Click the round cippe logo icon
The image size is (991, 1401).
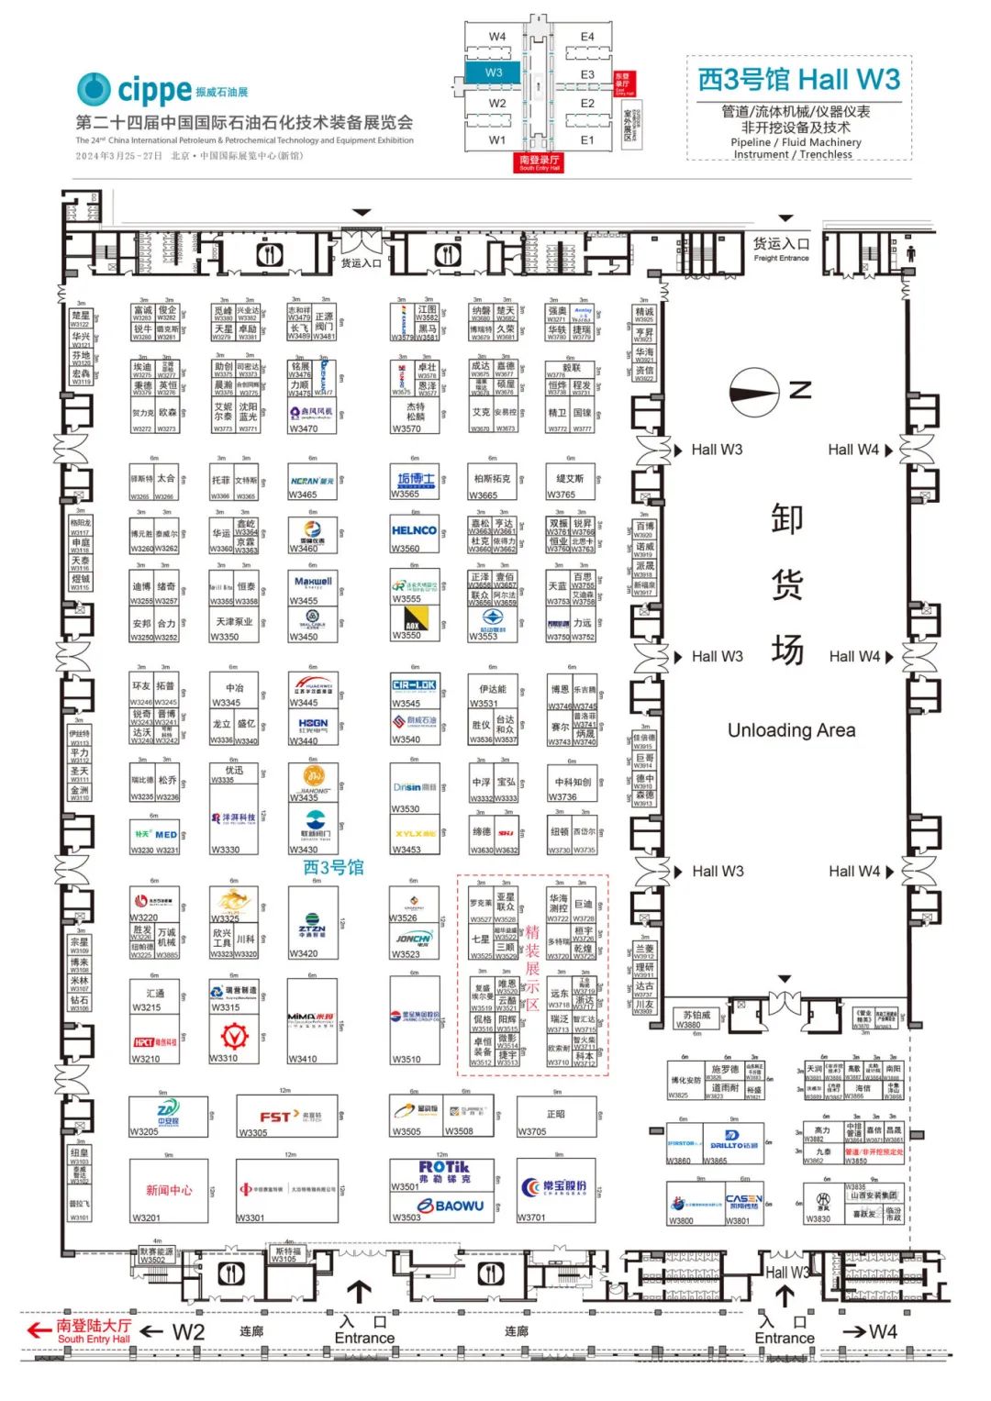(x=94, y=89)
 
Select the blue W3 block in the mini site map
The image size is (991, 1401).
(x=495, y=72)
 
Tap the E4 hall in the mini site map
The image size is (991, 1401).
(x=587, y=37)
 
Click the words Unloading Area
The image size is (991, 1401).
(x=791, y=730)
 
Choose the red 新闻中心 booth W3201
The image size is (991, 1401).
(x=169, y=1190)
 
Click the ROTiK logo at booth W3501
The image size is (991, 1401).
(x=444, y=1172)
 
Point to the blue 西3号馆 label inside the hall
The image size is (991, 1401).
(x=333, y=867)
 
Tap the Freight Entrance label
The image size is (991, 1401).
(x=781, y=248)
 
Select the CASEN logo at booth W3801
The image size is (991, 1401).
(x=743, y=1201)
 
